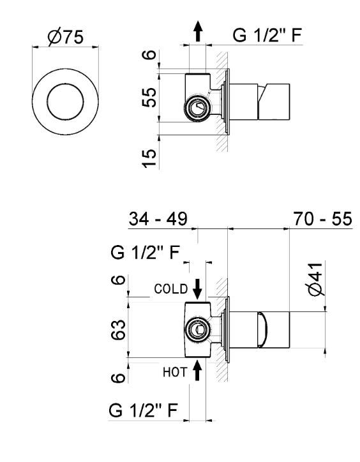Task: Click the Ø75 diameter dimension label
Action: [x=66, y=37]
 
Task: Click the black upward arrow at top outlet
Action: [x=198, y=31]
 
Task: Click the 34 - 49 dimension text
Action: [x=158, y=219]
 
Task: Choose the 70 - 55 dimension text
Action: [x=322, y=219]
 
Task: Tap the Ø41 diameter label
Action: [x=316, y=279]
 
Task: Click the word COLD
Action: [x=170, y=289]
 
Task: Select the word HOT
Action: [x=175, y=373]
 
